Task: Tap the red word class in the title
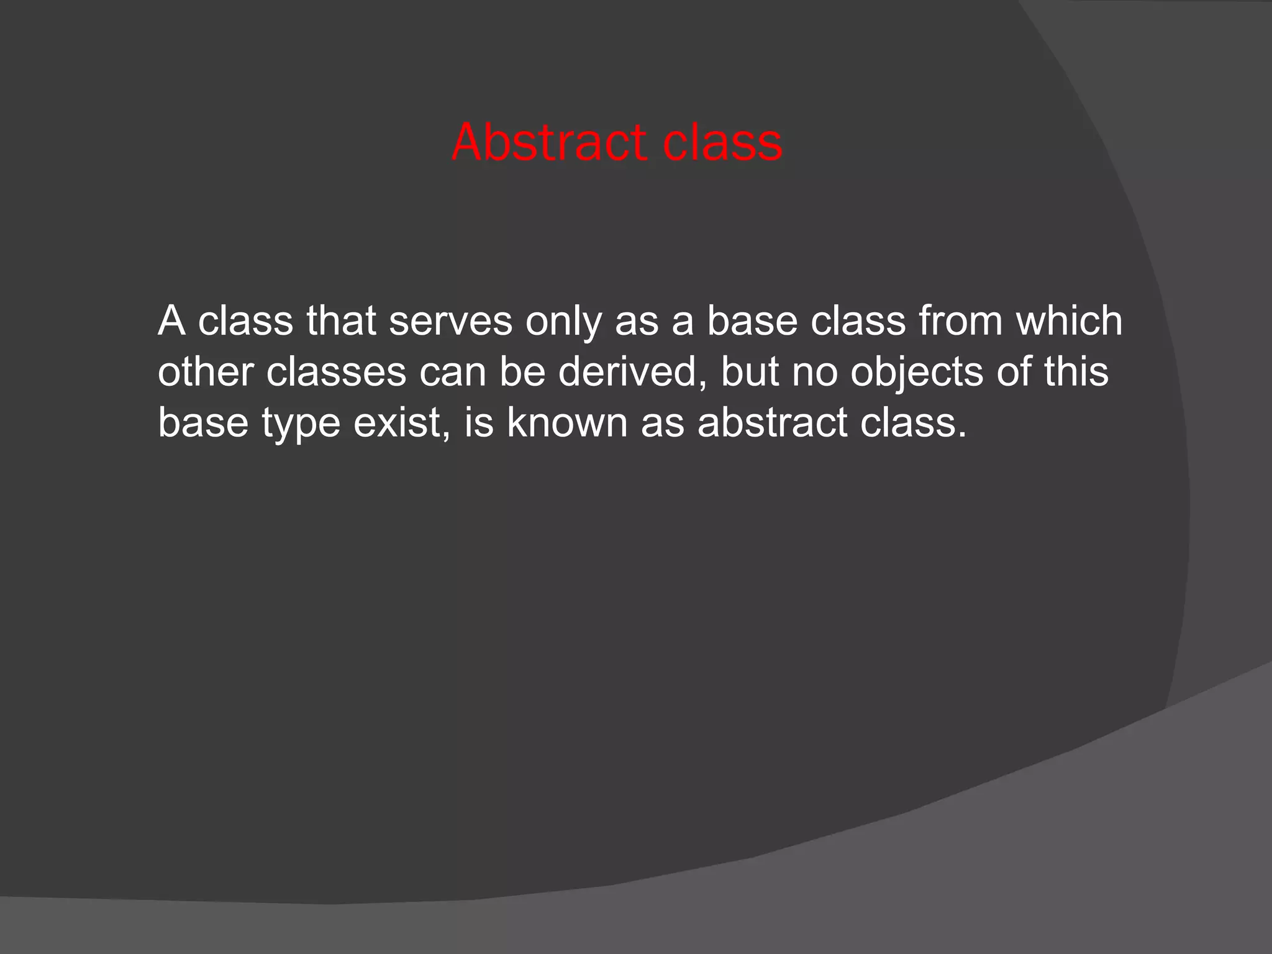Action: point(722,143)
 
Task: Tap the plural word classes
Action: point(336,372)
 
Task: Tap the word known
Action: point(567,423)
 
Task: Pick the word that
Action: point(341,321)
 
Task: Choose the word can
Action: point(453,372)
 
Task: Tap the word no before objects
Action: point(814,372)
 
